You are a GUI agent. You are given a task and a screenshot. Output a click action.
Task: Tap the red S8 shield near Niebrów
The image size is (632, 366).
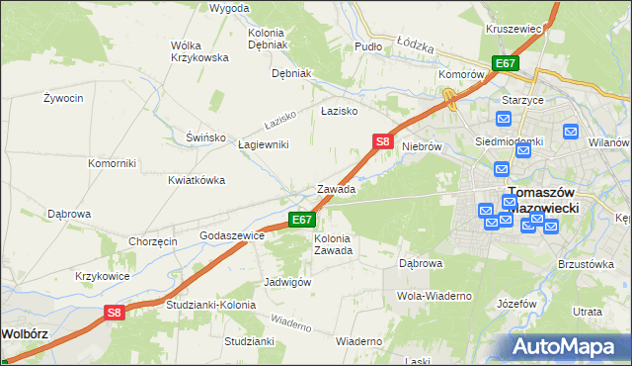[384, 142]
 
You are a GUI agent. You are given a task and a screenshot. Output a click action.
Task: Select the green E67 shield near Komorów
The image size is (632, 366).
[506, 63]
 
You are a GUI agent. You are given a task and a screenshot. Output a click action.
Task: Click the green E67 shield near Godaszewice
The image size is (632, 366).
[302, 220]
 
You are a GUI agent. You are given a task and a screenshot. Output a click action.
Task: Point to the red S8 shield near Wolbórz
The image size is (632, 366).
[115, 313]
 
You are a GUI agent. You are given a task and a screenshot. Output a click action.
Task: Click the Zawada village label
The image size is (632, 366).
[336, 188]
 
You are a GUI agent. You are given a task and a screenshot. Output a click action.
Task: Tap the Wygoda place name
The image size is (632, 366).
[229, 8]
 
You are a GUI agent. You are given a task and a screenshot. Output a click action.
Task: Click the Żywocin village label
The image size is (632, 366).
[63, 99]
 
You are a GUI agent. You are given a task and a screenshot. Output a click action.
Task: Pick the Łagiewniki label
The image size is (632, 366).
[264, 144]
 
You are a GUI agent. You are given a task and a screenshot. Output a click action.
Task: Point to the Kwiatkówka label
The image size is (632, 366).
[197, 180]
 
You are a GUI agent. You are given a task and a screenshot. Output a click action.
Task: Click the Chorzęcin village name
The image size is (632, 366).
[153, 241]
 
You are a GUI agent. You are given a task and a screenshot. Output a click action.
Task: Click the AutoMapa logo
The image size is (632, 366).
[568, 346]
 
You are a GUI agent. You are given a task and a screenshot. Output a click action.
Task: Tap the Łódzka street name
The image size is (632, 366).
[416, 46]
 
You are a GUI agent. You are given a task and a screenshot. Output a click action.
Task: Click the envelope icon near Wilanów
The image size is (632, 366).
[571, 131]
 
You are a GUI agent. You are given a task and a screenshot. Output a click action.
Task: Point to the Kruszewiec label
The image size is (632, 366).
[514, 30]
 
